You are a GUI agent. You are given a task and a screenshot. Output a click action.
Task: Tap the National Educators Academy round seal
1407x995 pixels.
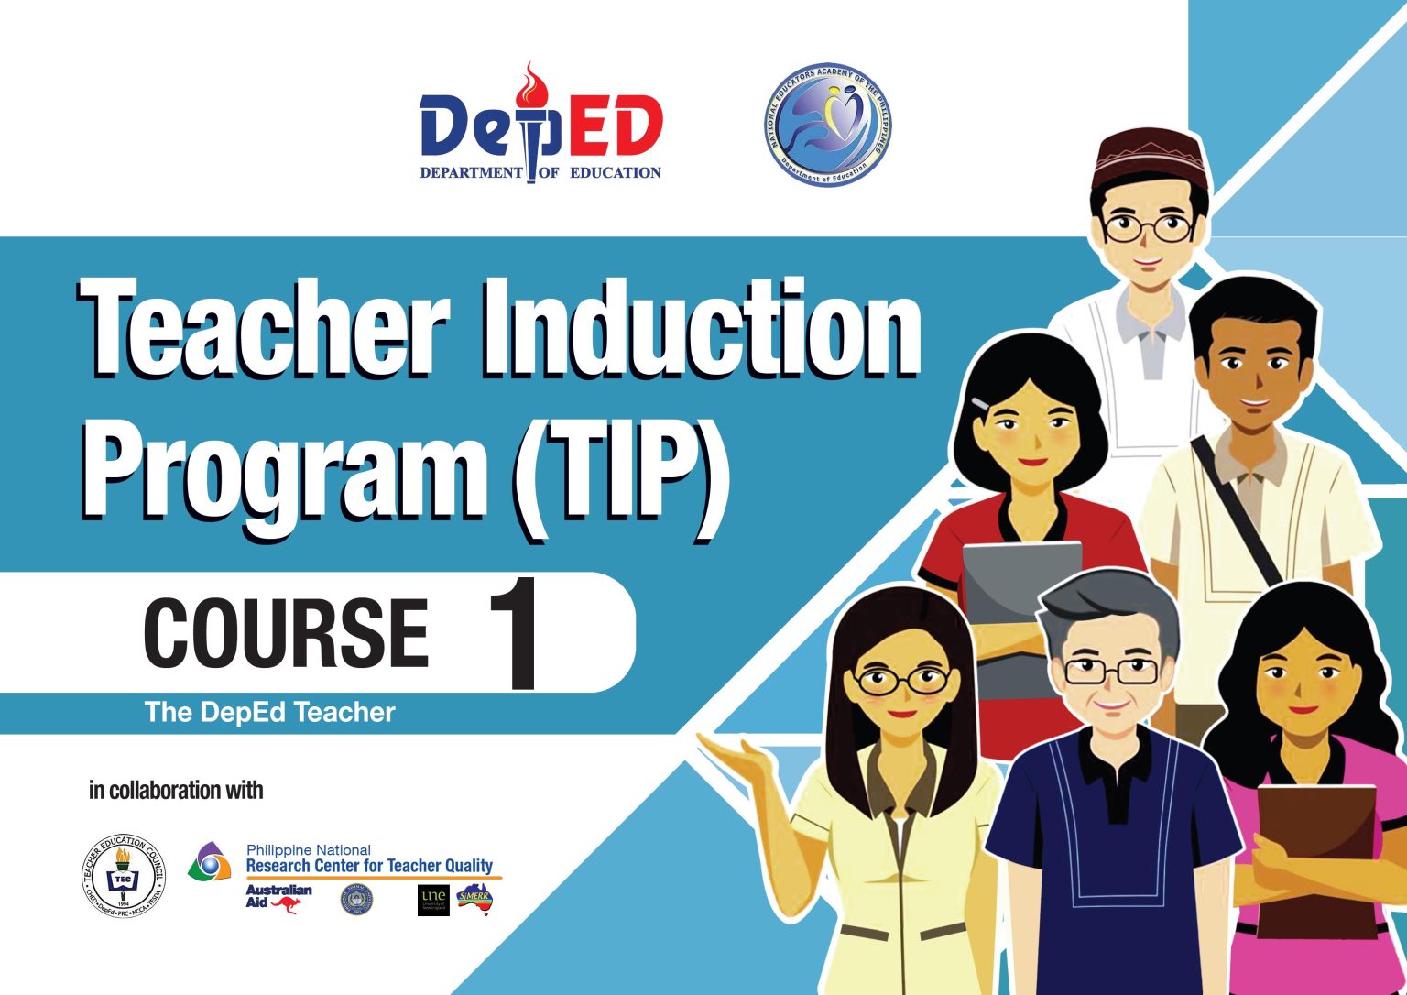pos(827,125)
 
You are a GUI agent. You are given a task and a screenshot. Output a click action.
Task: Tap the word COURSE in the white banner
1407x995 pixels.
pos(286,632)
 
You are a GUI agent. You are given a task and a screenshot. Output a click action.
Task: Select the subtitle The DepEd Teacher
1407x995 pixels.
pos(269,713)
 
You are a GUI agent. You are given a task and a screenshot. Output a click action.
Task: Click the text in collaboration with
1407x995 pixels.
pos(176,790)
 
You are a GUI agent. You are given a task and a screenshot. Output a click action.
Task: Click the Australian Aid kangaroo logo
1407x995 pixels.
pos(278,897)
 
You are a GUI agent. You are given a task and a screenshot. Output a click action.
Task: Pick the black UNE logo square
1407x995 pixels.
pos(433,900)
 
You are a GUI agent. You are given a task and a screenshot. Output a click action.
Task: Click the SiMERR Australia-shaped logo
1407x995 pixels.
pos(474,899)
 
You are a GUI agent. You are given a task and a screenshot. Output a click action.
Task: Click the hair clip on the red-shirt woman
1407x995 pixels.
pos(982,403)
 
